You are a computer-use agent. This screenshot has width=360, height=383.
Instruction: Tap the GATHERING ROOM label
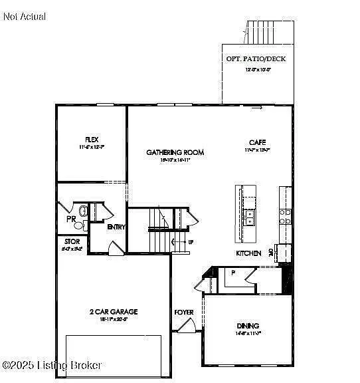175,152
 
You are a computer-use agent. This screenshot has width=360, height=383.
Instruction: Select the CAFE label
258,142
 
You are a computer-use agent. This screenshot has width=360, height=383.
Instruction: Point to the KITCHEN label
248,253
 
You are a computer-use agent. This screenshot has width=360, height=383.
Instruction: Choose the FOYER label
184,312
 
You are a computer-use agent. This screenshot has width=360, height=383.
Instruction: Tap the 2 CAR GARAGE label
114,311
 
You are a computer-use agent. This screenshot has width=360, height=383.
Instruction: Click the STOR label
72,241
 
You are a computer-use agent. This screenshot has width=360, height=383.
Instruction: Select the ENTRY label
117,227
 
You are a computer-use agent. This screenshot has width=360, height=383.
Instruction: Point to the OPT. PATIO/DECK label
256,59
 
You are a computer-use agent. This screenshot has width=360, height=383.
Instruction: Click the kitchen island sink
250,217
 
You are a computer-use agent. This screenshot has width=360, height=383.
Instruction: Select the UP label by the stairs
190,242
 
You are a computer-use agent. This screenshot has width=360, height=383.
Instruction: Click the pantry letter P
233,273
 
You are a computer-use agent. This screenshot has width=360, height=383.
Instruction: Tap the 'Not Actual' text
25,16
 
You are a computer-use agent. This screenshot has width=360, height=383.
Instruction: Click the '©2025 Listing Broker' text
52,365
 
